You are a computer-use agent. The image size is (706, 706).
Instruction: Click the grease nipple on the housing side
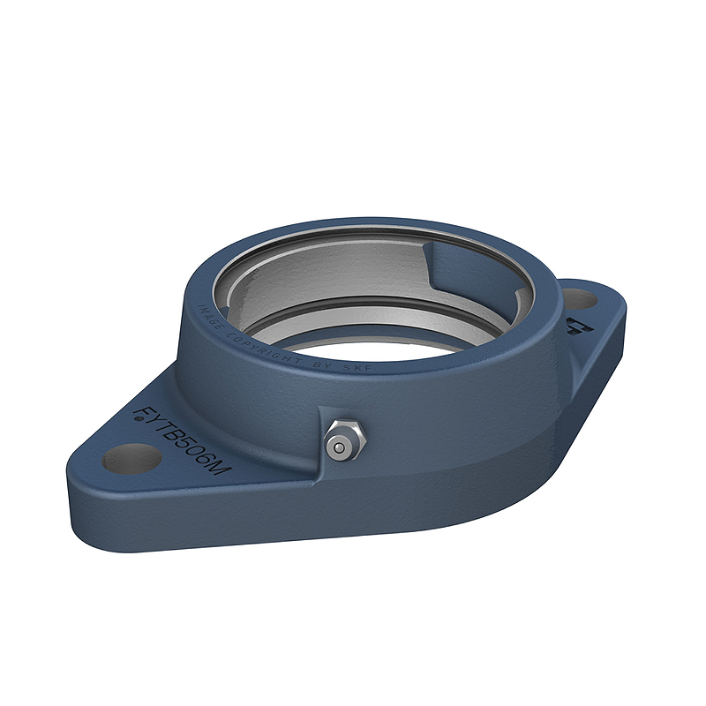point(341,439)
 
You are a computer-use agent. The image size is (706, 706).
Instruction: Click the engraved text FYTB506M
point(182,440)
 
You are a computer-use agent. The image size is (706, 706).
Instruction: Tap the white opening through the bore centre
point(379,344)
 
